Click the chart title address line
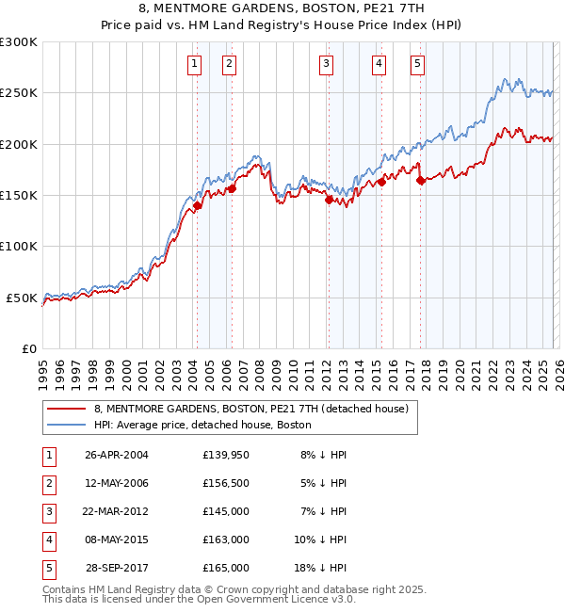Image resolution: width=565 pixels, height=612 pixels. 282,8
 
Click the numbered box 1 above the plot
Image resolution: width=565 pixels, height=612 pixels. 194,64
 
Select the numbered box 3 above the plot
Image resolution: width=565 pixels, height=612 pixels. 326,64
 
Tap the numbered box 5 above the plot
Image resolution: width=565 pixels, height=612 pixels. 417,64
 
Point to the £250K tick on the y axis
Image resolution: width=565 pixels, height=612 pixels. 19,93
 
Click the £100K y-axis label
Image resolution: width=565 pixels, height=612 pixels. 19,247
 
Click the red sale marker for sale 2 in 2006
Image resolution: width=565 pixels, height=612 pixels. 232,188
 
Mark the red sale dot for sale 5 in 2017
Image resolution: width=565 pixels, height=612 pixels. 421,181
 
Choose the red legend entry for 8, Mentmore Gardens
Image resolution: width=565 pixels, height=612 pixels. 250,410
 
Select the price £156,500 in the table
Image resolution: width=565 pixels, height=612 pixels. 226,483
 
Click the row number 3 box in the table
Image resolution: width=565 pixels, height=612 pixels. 47,511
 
